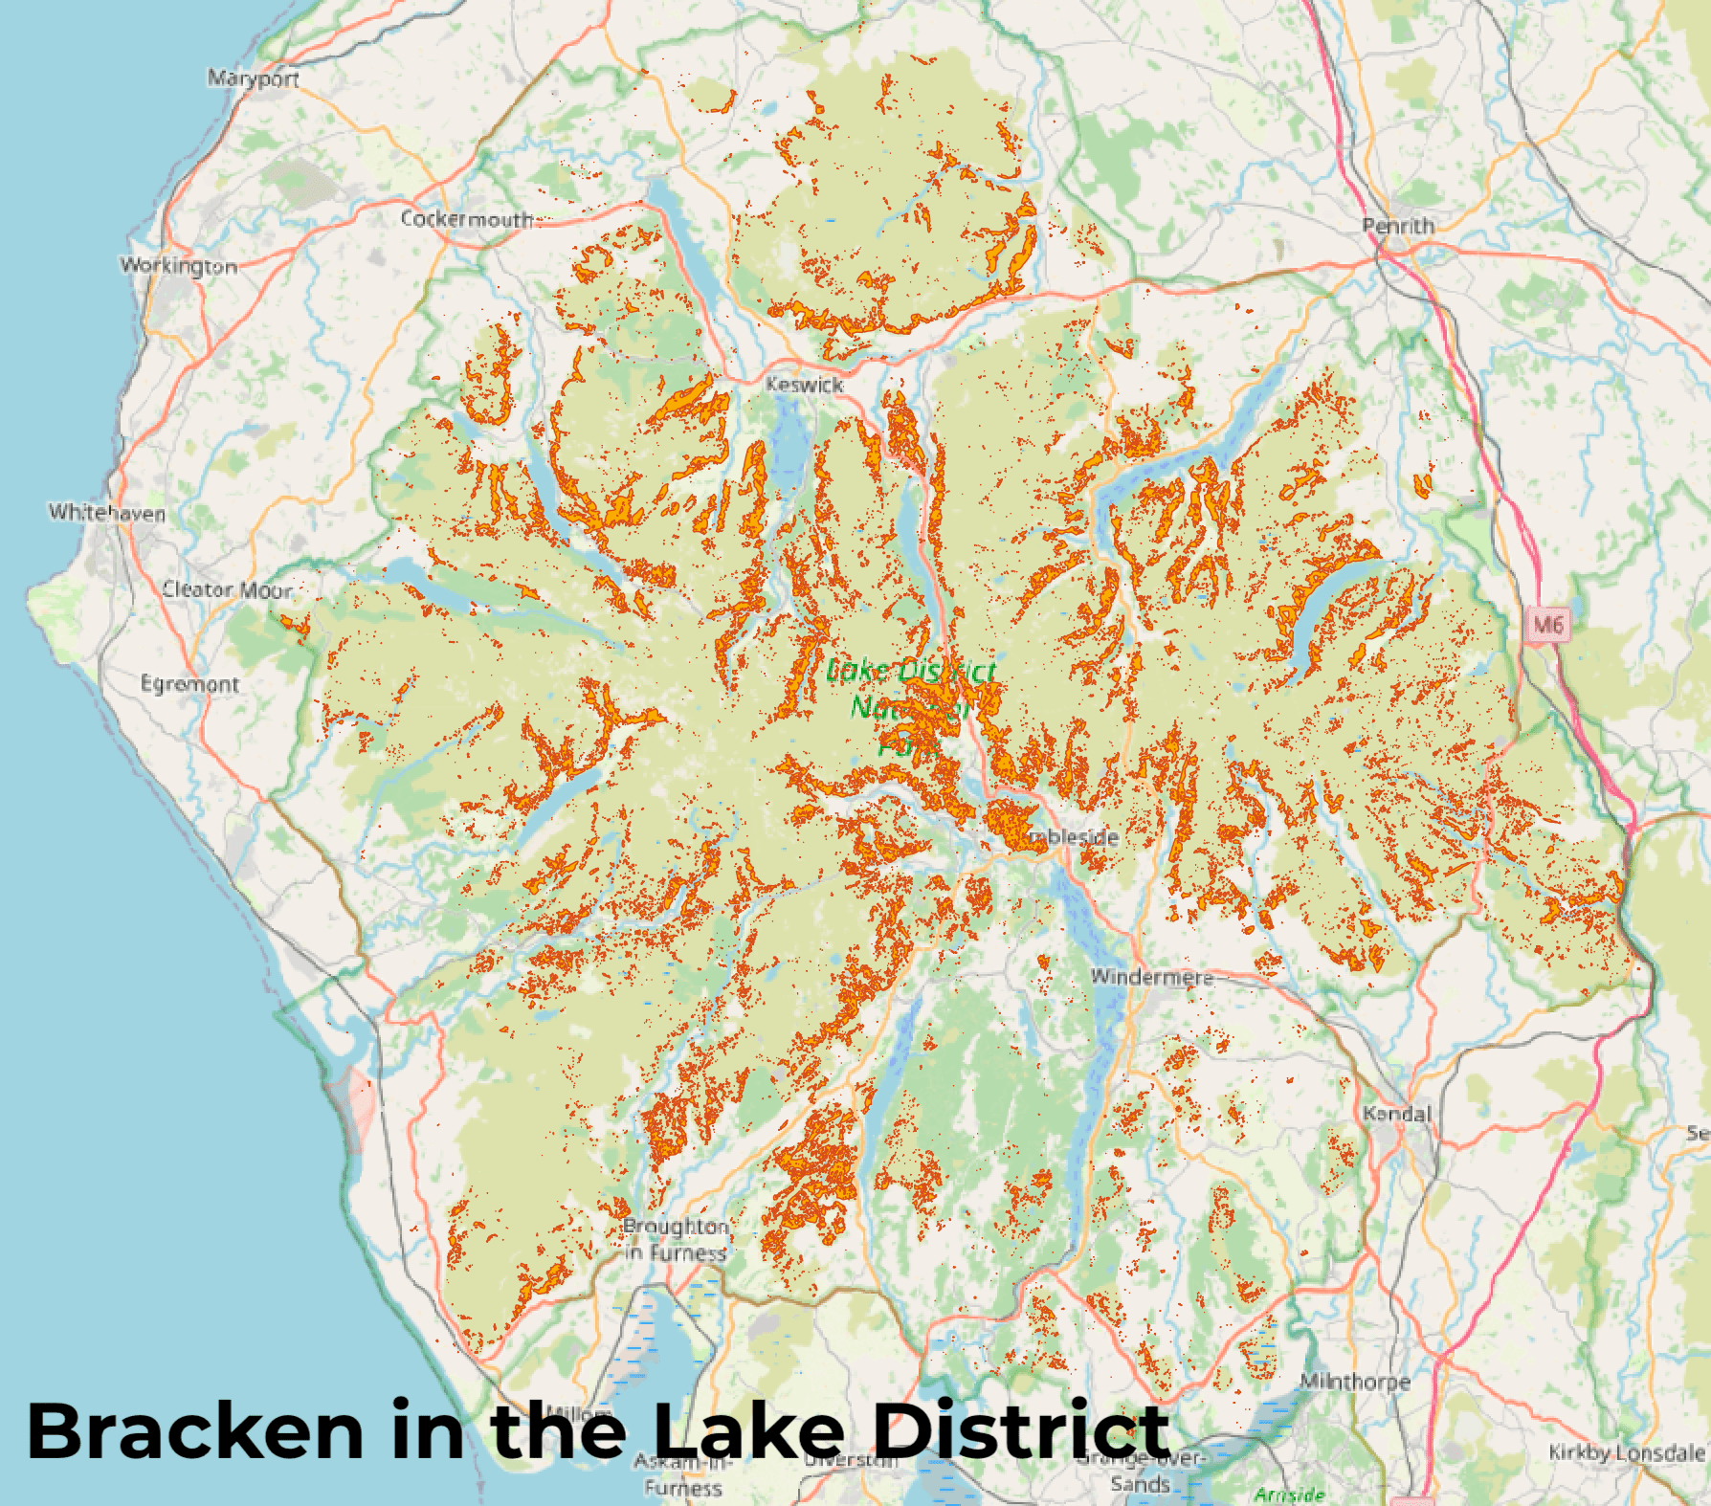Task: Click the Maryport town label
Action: pyautogui.click(x=254, y=78)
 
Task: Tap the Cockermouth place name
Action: pyautogui.click(x=466, y=219)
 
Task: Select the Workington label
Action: pyautogui.click(x=179, y=265)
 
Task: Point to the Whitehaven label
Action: pyautogui.click(x=107, y=513)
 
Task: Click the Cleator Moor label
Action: pyautogui.click(x=227, y=589)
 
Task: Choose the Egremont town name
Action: pyautogui.click(x=189, y=684)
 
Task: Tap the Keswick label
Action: pyautogui.click(x=805, y=385)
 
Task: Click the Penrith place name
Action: pyautogui.click(x=1398, y=227)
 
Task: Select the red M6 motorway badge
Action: pyautogui.click(x=1547, y=626)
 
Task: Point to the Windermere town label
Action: pyautogui.click(x=1152, y=977)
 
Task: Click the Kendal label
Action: pyautogui.click(x=1397, y=1114)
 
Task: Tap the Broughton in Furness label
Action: pyautogui.click(x=676, y=1239)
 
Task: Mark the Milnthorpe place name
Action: pyautogui.click(x=1354, y=1382)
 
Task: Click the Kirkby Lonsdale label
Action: pyautogui.click(x=1626, y=1452)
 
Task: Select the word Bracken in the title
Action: pyautogui.click(x=195, y=1431)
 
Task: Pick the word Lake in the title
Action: pyautogui.click(x=748, y=1431)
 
